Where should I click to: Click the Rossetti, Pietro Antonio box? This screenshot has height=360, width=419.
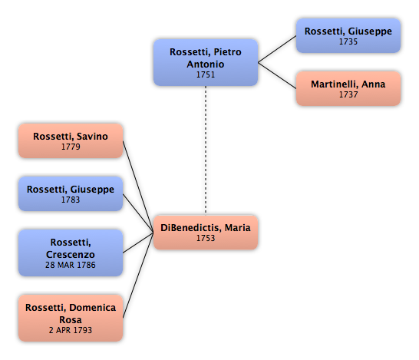point(206,62)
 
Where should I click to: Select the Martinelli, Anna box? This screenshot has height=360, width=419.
point(348,88)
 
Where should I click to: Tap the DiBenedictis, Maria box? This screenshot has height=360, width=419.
point(206,233)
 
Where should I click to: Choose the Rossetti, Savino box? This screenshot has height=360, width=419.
point(71,140)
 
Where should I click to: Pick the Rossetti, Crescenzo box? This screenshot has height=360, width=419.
point(71,253)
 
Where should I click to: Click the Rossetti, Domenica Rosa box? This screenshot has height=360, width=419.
point(71,318)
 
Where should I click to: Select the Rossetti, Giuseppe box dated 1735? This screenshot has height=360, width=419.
point(348,35)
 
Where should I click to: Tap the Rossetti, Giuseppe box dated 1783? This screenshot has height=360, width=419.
point(71,193)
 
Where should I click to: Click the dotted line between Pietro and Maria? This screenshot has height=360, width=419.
point(206,150)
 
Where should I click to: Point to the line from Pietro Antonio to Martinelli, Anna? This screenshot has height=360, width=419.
point(277,75)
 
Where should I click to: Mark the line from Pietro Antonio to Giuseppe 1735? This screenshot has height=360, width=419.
point(277,49)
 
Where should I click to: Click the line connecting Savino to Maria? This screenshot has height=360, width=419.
point(138,187)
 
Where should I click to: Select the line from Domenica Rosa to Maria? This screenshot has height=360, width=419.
point(138,276)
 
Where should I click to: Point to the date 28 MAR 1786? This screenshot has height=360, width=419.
point(71,265)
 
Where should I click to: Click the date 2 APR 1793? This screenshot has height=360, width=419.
point(71,330)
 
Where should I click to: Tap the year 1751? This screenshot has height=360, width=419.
point(206,74)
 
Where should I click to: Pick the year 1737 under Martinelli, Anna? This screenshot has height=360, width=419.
point(348,94)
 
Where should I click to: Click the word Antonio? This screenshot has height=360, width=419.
point(206,64)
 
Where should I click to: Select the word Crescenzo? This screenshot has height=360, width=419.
point(71,254)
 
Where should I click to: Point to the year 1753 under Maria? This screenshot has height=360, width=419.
point(206,238)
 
